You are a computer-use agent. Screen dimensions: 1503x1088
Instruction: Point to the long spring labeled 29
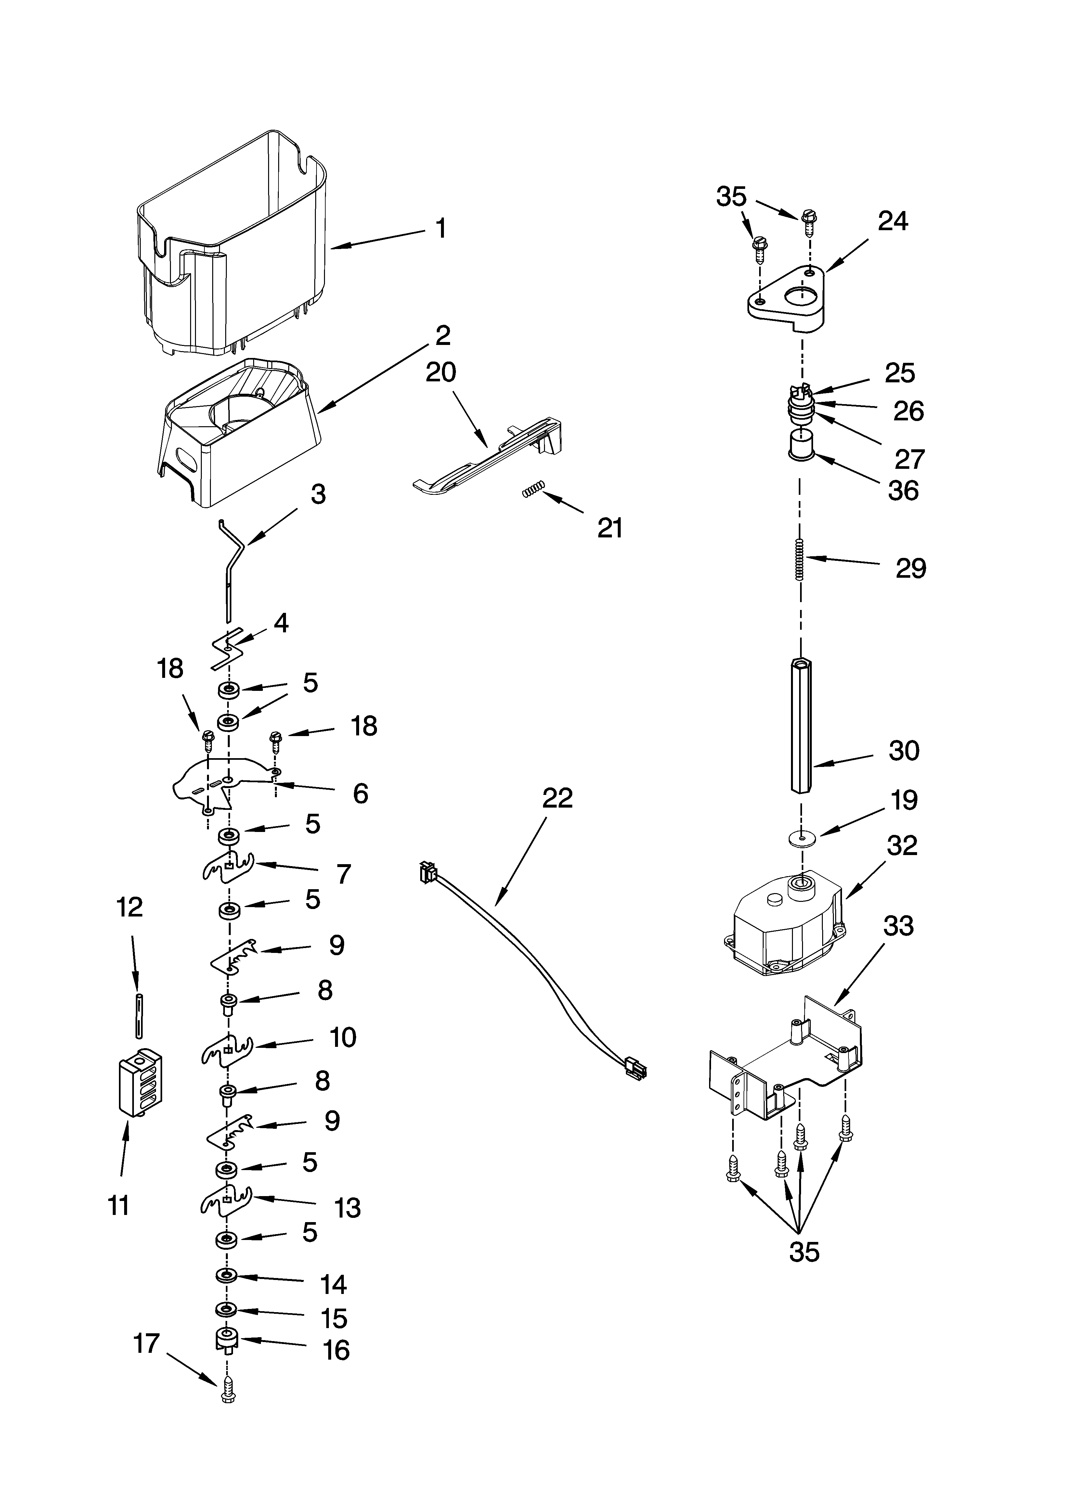tap(800, 559)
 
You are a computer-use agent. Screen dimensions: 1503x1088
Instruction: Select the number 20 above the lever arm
tap(441, 373)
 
